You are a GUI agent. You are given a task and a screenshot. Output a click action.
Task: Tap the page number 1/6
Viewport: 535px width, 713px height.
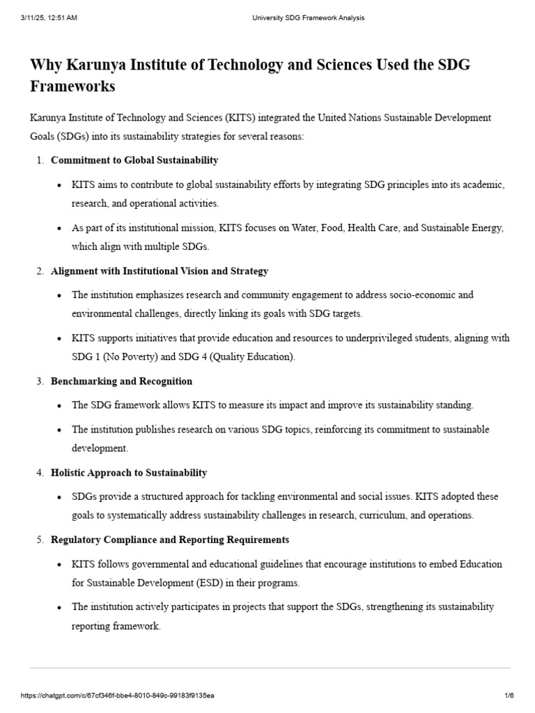509,695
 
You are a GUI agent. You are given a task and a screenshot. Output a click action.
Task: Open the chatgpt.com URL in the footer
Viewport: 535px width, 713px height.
118,695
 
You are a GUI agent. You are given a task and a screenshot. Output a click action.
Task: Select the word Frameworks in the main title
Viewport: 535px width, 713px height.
72,87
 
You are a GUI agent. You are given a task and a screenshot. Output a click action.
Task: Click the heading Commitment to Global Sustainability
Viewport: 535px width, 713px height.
134,160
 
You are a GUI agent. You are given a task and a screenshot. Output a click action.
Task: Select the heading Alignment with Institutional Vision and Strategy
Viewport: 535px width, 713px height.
160,271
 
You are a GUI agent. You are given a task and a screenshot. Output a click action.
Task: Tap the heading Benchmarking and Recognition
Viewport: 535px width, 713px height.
122,382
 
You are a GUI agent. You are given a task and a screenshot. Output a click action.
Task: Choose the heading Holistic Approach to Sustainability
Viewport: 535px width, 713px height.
129,473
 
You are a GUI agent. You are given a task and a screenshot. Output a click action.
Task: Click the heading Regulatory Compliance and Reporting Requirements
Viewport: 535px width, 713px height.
170,540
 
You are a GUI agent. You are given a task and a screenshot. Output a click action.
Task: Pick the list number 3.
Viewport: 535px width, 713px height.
40,382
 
